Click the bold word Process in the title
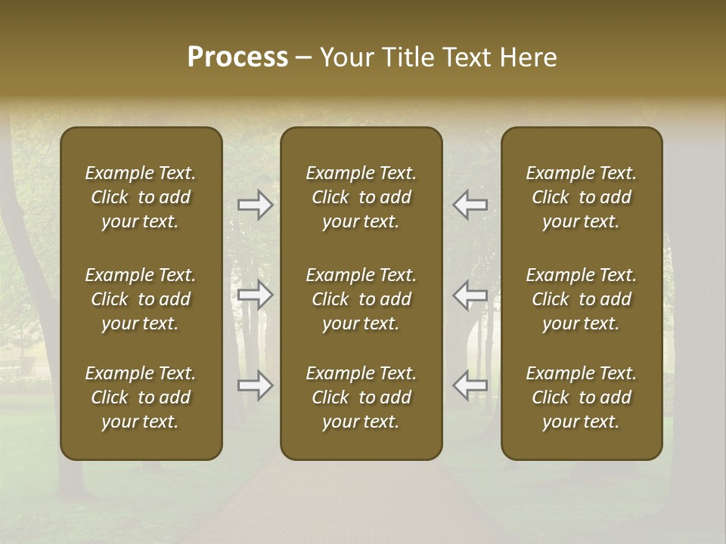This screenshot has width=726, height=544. point(237,57)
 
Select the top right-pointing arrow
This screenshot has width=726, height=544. point(255,205)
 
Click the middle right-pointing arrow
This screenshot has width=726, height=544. point(255,295)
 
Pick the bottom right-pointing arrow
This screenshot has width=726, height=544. point(255,385)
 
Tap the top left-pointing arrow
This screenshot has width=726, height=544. point(470,205)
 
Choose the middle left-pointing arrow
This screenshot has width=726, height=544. point(470,295)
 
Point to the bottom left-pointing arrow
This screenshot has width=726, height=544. point(470,385)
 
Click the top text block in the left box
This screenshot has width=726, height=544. point(141,197)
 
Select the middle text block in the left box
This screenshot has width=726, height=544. point(141,299)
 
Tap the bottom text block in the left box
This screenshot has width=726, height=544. point(141,397)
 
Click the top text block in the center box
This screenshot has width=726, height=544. point(361,197)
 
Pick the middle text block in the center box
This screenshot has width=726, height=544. point(361,299)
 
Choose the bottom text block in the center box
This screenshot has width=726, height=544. point(361,397)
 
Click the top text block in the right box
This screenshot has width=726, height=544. point(582,197)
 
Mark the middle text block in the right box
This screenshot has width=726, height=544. point(582,299)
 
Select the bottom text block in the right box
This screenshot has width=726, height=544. point(582,397)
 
